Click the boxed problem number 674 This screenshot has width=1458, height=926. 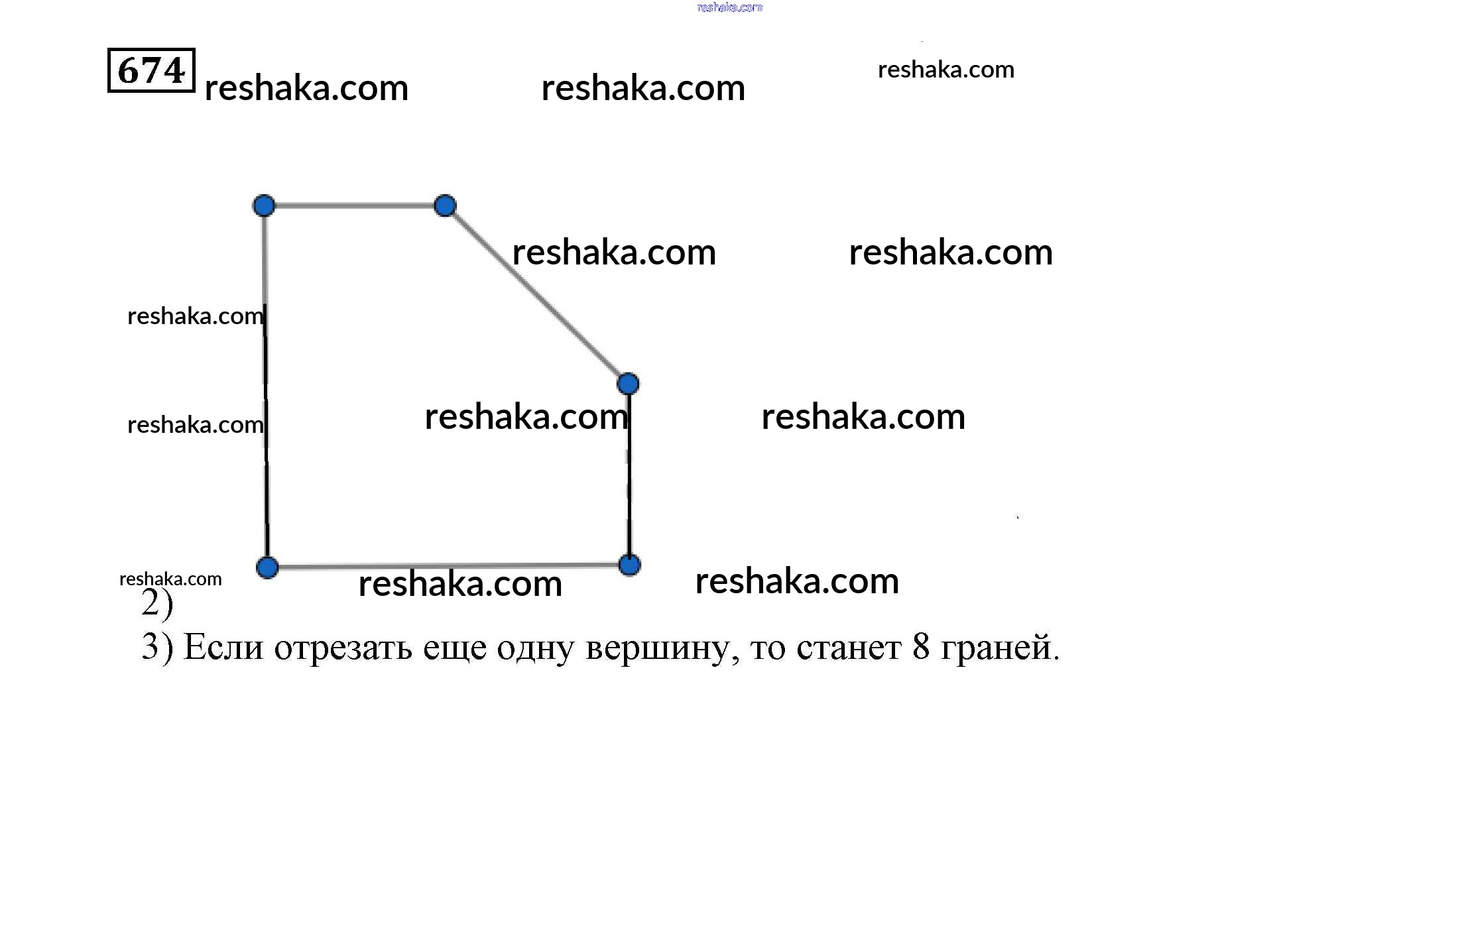pyautogui.click(x=151, y=70)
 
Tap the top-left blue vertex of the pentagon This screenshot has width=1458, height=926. pyautogui.click(x=264, y=205)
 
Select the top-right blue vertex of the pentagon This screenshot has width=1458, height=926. pyautogui.click(x=445, y=205)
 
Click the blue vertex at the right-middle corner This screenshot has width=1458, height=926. pyautogui.click(x=628, y=383)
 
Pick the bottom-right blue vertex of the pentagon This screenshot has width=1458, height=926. pyautogui.click(x=629, y=565)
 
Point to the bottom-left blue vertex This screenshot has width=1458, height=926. pyautogui.click(x=267, y=567)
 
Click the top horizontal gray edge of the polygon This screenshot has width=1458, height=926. pyautogui.click(x=355, y=205)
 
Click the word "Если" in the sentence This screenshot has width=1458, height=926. pyautogui.click(x=223, y=647)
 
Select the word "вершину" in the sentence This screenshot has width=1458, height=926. pyautogui.click(x=662, y=648)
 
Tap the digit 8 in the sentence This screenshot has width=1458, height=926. pyautogui.click(x=921, y=646)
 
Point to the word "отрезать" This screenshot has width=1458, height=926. pyautogui.click(x=343, y=648)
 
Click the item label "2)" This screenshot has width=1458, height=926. pyautogui.click(x=157, y=603)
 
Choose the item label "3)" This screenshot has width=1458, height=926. pyautogui.click(x=157, y=647)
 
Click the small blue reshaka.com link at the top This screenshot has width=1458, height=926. pyautogui.click(x=729, y=7)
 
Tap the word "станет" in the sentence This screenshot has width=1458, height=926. pyautogui.click(x=849, y=648)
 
